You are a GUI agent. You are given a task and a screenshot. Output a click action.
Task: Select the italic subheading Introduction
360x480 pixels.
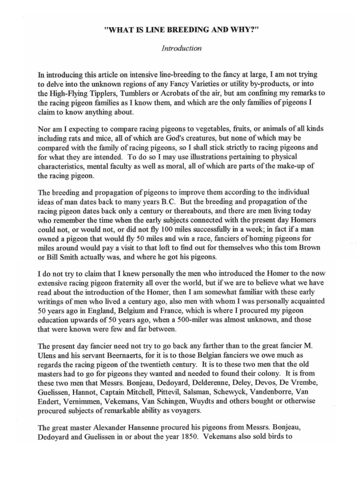181,48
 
